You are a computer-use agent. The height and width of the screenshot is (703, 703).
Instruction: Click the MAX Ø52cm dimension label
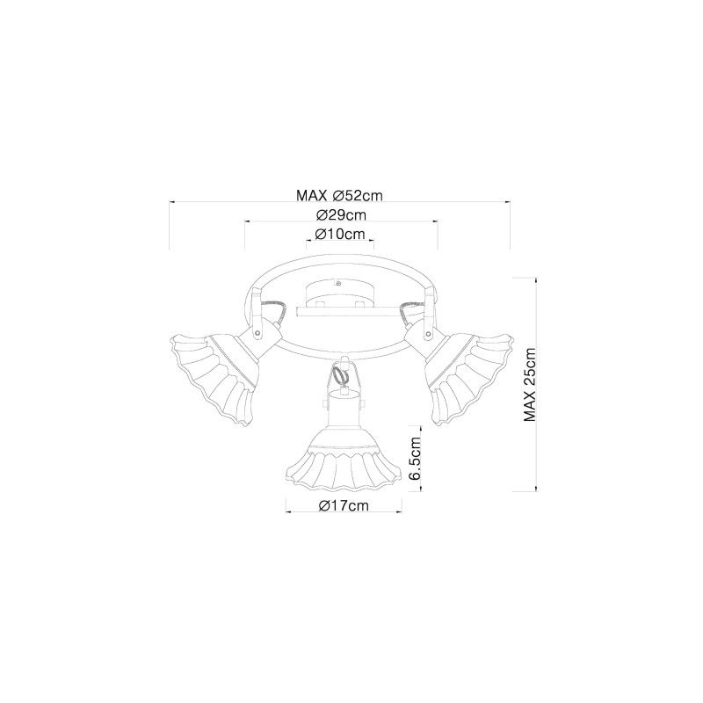(339, 195)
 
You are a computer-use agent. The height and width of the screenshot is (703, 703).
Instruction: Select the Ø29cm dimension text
(341, 215)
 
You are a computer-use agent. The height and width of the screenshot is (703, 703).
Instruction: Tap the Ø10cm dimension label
(340, 234)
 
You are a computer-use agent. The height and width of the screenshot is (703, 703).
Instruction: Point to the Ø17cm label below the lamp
(344, 506)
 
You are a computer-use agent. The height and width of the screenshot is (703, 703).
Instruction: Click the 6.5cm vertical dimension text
(416, 458)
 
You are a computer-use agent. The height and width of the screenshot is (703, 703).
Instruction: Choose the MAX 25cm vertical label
(530, 384)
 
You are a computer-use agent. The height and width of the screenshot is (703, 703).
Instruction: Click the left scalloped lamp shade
(212, 379)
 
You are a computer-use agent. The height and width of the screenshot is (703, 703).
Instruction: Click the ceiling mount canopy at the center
(338, 293)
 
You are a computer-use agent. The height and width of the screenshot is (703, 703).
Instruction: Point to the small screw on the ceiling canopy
(338, 283)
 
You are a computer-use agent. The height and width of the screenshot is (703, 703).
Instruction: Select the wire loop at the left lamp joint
(272, 313)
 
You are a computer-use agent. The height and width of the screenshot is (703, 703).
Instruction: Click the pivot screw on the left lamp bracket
(258, 333)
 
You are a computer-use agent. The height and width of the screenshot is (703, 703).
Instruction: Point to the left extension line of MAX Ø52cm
(170, 225)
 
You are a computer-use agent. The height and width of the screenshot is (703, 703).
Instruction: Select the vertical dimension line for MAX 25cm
(536, 384)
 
